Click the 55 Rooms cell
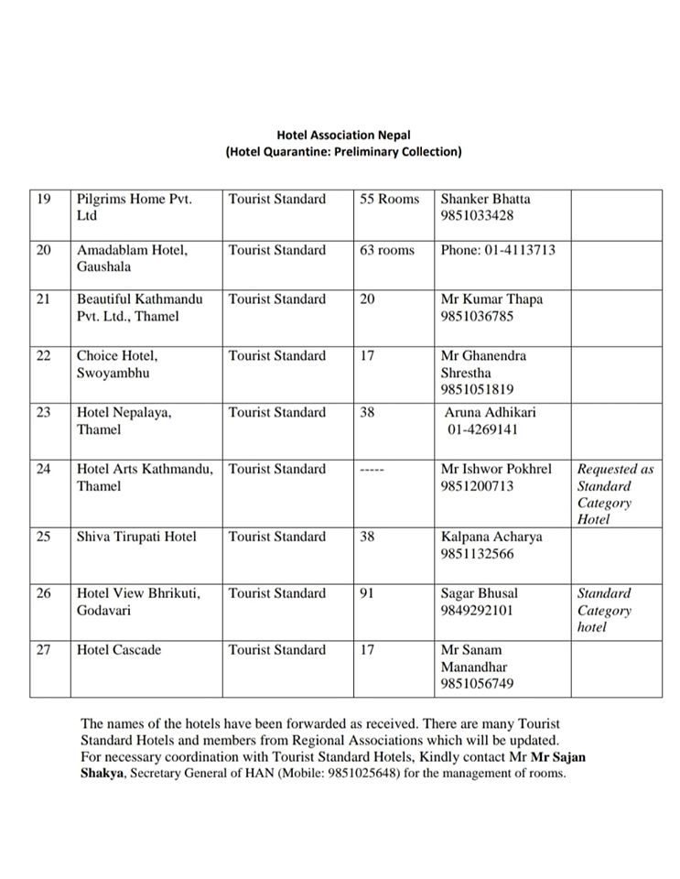(389, 199)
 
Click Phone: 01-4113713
(498, 250)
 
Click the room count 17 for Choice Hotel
(367, 356)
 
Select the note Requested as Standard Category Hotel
(615, 494)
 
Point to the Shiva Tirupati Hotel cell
(136, 537)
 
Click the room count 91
(367, 593)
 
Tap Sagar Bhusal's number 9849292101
(477, 611)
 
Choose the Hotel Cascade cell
(119, 650)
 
